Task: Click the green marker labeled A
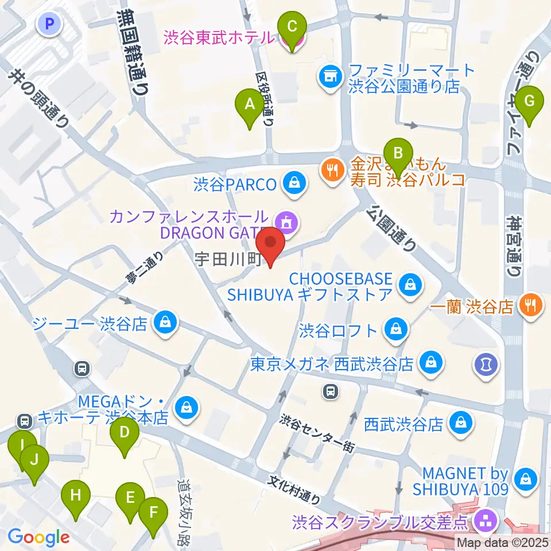[x=249, y=106]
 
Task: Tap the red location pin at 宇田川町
[x=270, y=244]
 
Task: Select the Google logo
[x=38, y=538]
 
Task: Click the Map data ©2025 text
[x=503, y=541]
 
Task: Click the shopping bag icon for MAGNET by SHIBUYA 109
[x=525, y=478]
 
